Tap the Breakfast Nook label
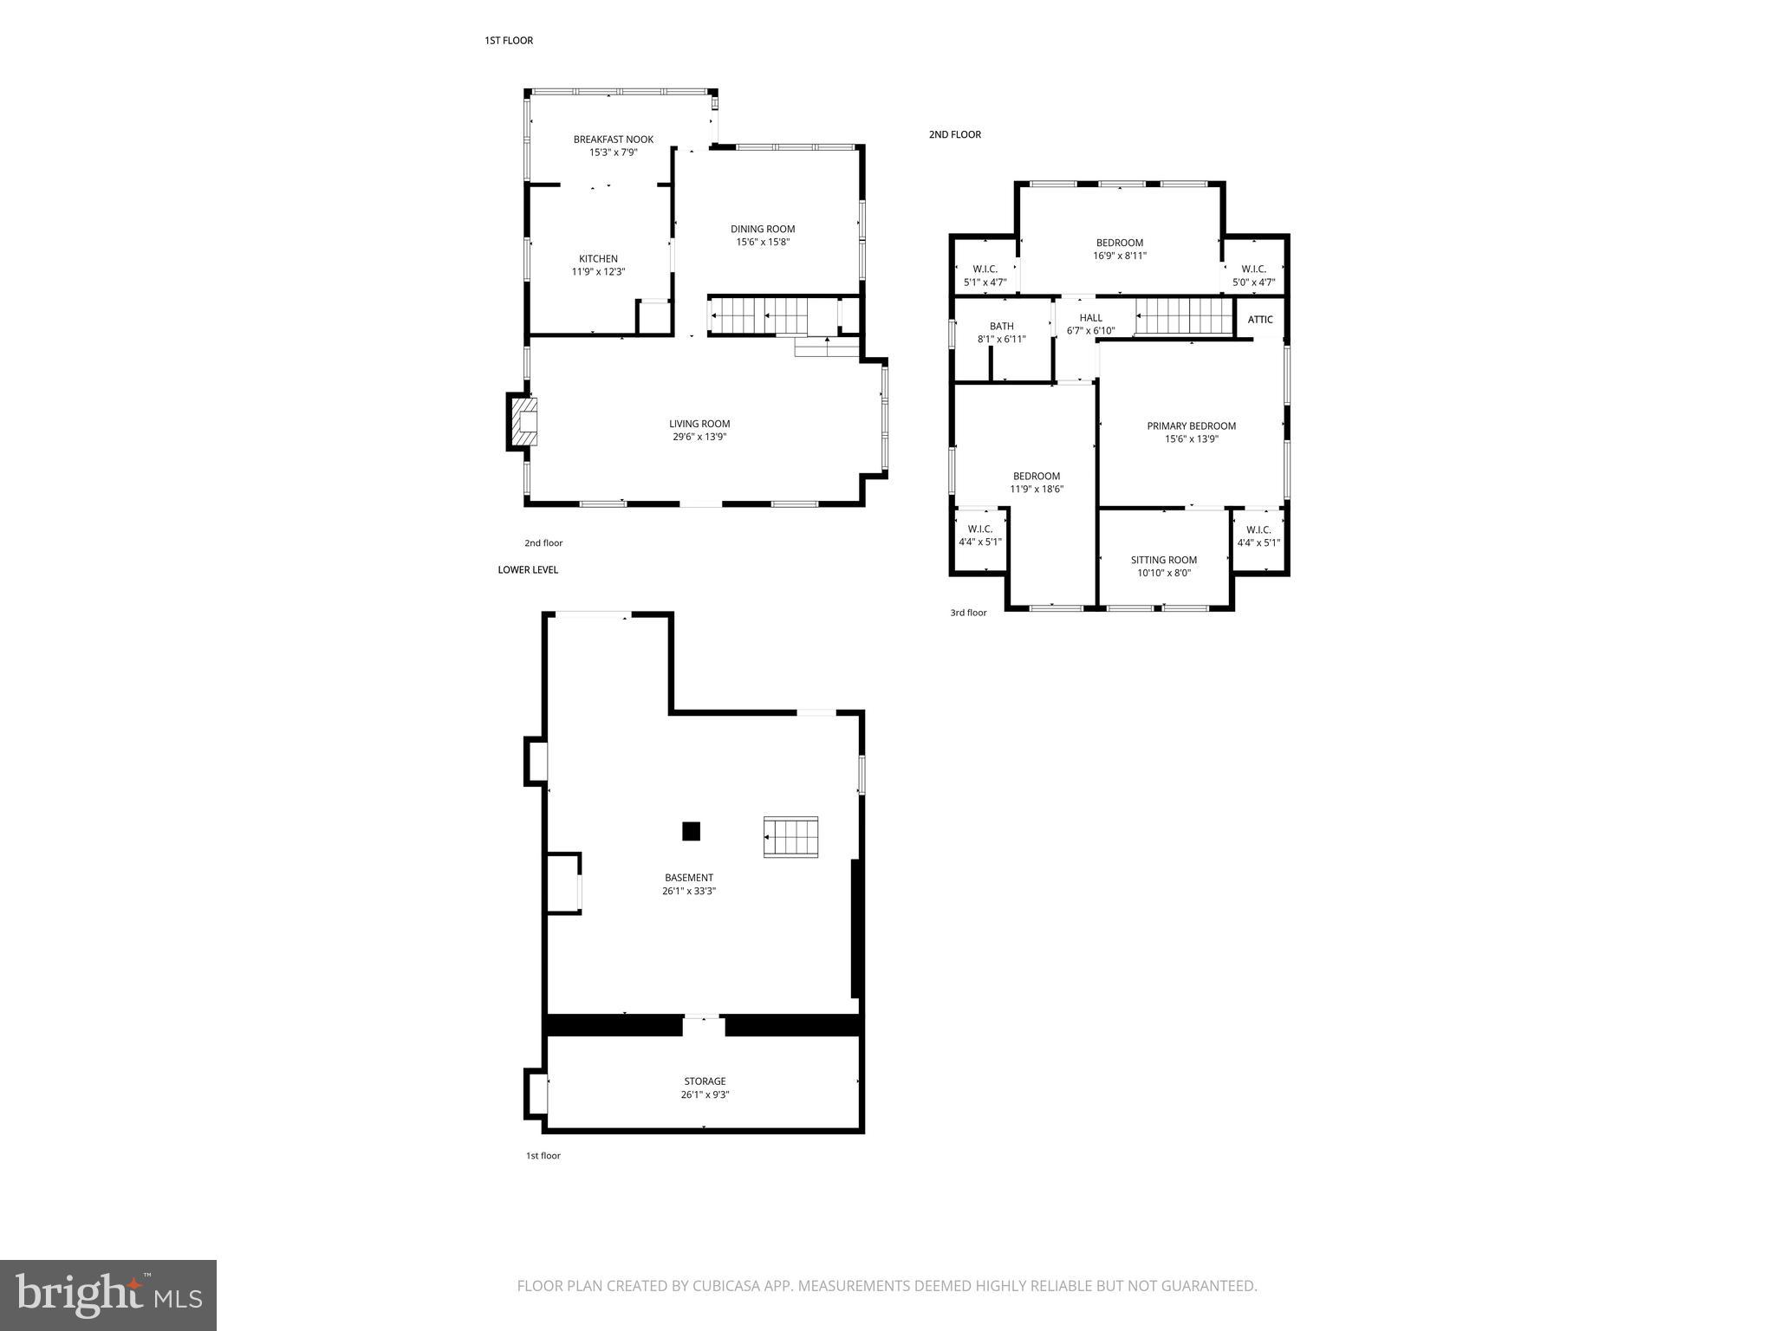click(613, 140)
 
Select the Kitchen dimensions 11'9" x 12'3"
click(598, 272)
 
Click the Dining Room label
click(763, 230)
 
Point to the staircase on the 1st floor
click(758, 316)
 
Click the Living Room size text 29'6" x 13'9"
click(699, 438)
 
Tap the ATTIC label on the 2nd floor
click(1260, 320)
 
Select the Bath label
click(1001, 327)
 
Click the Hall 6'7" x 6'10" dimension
click(1090, 331)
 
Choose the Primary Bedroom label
click(1191, 426)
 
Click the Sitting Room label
click(1163, 561)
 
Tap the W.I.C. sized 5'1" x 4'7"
click(985, 282)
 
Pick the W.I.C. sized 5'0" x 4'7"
click(1253, 282)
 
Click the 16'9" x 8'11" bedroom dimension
click(1119, 256)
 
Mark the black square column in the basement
click(691, 832)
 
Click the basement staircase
click(790, 837)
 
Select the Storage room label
click(705, 1081)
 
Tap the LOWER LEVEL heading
click(528, 570)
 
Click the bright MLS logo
click(108, 1295)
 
